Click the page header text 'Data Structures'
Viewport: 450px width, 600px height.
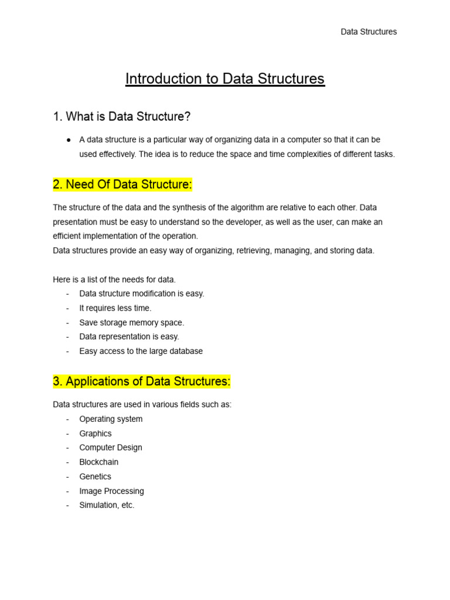coord(369,32)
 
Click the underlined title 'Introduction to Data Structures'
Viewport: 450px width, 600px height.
coord(225,79)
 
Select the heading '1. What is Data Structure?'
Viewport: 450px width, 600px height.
coord(122,117)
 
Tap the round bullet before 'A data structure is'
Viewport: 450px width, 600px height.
coord(69,140)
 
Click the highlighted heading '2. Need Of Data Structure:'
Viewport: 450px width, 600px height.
coord(122,185)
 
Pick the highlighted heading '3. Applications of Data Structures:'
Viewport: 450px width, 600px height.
coord(142,381)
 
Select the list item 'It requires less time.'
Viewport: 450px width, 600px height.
coord(115,308)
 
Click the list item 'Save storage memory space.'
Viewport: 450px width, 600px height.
coord(131,322)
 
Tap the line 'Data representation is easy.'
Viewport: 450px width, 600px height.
coord(129,337)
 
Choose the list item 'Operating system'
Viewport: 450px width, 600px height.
coord(111,419)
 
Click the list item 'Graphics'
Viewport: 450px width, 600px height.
coord(96,434)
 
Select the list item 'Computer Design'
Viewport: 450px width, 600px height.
coord(111,448)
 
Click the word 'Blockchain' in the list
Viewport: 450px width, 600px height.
coord(99,462)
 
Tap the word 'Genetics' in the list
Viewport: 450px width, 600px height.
coord(95,476)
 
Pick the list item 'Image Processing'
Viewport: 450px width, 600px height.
coord(111,491)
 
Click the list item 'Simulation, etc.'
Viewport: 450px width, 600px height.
coord(107,505)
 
